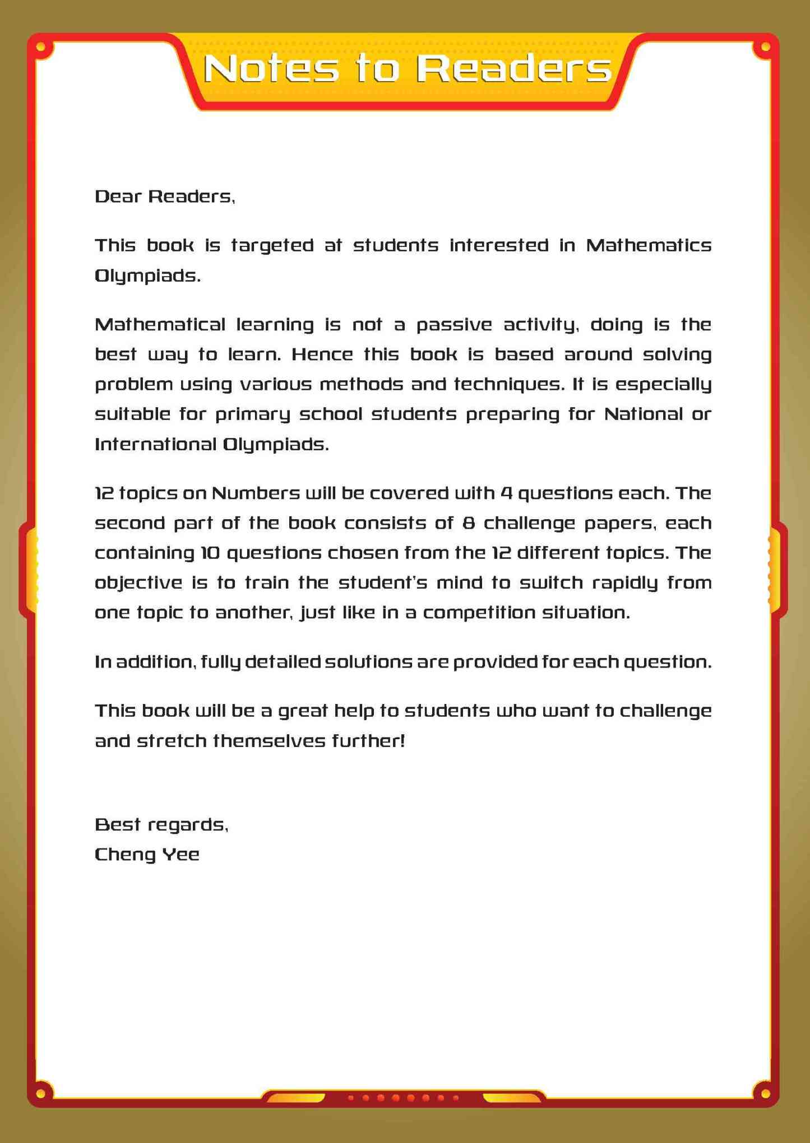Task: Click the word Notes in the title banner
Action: coord(271,69)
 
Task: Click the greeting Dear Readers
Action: coord(165,197)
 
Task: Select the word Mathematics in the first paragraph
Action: coord(649,245)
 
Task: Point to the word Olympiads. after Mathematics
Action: coord(147,276)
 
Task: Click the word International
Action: coord(156,445)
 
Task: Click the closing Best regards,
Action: coord(161,824)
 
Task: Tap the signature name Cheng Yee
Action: coord(147,855)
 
